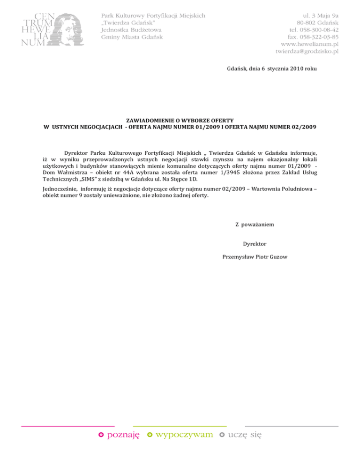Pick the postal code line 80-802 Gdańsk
(317, 22)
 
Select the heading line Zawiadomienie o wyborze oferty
(180, 120)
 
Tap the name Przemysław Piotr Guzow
(255, 256)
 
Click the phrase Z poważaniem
(255, 225)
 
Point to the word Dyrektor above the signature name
(255, 244)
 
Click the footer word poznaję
(123, 435)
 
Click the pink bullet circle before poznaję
(101, 435)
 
